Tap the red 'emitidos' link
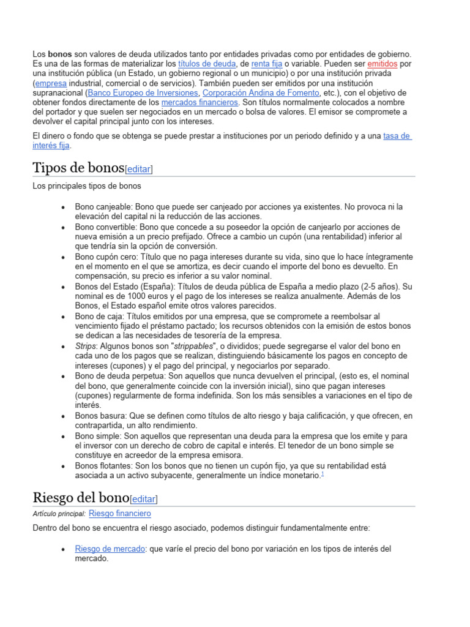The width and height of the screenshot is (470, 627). click(x=382, y=64)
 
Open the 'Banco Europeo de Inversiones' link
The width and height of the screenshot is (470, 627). click(x=143, y=92)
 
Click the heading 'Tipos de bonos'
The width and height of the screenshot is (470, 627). click(x=78, y=167)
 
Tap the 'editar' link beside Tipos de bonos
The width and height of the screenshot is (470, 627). click(x=138, y=169)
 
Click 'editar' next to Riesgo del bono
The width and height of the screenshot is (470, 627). click(x=144, y=499)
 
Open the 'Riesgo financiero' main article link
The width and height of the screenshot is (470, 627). click(x=120, y=513)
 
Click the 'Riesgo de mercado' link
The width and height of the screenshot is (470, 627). click(x=110, y=549)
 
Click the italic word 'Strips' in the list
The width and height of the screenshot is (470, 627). click(x=86, y=346)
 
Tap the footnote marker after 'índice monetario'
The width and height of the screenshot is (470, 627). click(x=323, y=475)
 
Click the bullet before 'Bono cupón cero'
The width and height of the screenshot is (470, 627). click(x=64, y=257)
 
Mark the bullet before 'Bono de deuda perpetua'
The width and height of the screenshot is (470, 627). click(x=64, y=376)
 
